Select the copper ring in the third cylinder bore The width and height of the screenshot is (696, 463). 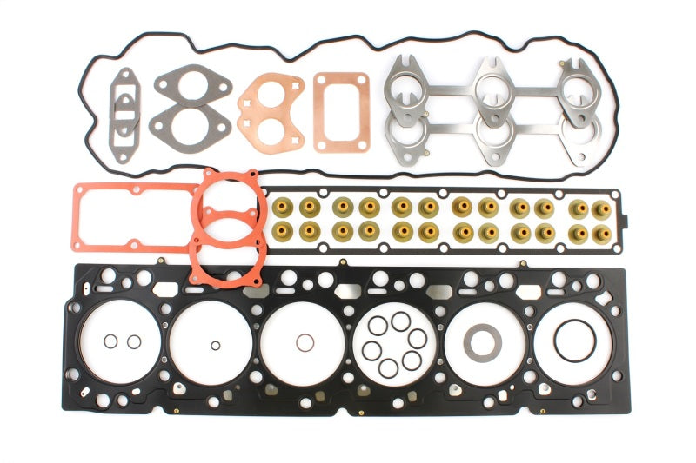[x=303, y=341]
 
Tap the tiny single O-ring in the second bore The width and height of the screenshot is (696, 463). [x=215, y=345]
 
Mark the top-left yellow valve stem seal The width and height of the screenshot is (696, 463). [x=281, y=208]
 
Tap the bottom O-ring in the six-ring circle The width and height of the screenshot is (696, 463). [x=388, y=367]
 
